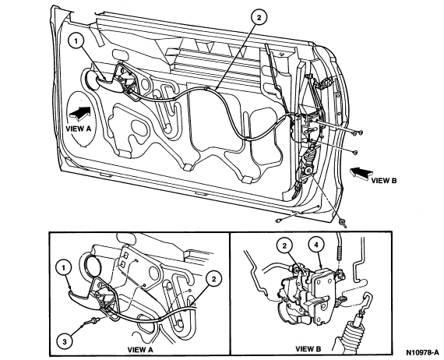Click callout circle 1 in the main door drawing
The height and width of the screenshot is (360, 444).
(x=76, y=41)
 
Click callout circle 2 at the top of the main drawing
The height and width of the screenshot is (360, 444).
(x=259, y=18)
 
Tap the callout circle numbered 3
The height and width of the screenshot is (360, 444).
(x=65, y=341)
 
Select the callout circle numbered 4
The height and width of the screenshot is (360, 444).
(x=316, y=245)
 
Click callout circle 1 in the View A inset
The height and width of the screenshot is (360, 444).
(x=64, y=268)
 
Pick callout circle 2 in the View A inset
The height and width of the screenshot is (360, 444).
(x=213, y=279)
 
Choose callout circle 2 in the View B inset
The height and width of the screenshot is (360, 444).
(x=284, y=245)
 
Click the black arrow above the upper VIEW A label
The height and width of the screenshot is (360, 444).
(x=79, y=114)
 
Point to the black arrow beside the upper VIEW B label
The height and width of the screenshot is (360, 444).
(x=361, y=173)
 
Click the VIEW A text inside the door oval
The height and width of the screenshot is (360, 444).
(x=79, y=129)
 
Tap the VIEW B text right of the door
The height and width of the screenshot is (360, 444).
(x=384, y=181)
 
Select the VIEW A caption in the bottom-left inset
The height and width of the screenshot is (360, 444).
(x=140, y=350)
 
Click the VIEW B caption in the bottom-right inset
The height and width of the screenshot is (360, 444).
(x=308, y=349)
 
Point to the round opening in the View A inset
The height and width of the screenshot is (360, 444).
(x=92, y=265)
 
